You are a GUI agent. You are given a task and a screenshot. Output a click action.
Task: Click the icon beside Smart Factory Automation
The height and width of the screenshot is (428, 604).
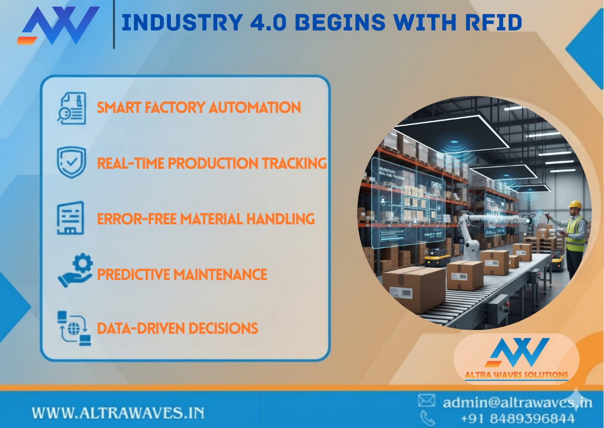72,108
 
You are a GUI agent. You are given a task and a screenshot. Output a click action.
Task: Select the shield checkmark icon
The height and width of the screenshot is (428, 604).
71,162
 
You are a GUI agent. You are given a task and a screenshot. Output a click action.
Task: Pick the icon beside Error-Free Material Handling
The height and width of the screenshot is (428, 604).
71,218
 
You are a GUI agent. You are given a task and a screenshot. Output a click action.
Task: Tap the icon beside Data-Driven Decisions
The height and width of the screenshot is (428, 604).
74,328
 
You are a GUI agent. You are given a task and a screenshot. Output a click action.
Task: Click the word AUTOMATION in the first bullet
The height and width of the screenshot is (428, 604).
254,107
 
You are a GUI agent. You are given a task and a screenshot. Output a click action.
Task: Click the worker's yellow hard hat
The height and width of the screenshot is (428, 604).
575,205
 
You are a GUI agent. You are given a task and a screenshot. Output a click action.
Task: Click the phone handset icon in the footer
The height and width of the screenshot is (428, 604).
427,418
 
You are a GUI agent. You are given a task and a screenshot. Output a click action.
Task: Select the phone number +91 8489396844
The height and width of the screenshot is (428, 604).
517,418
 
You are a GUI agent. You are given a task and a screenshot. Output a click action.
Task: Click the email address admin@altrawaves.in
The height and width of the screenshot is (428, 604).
517,402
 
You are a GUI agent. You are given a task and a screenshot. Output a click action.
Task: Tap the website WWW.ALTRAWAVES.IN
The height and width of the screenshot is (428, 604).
118,413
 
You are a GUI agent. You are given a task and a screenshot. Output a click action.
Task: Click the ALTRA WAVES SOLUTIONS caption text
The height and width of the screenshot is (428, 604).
517,375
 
